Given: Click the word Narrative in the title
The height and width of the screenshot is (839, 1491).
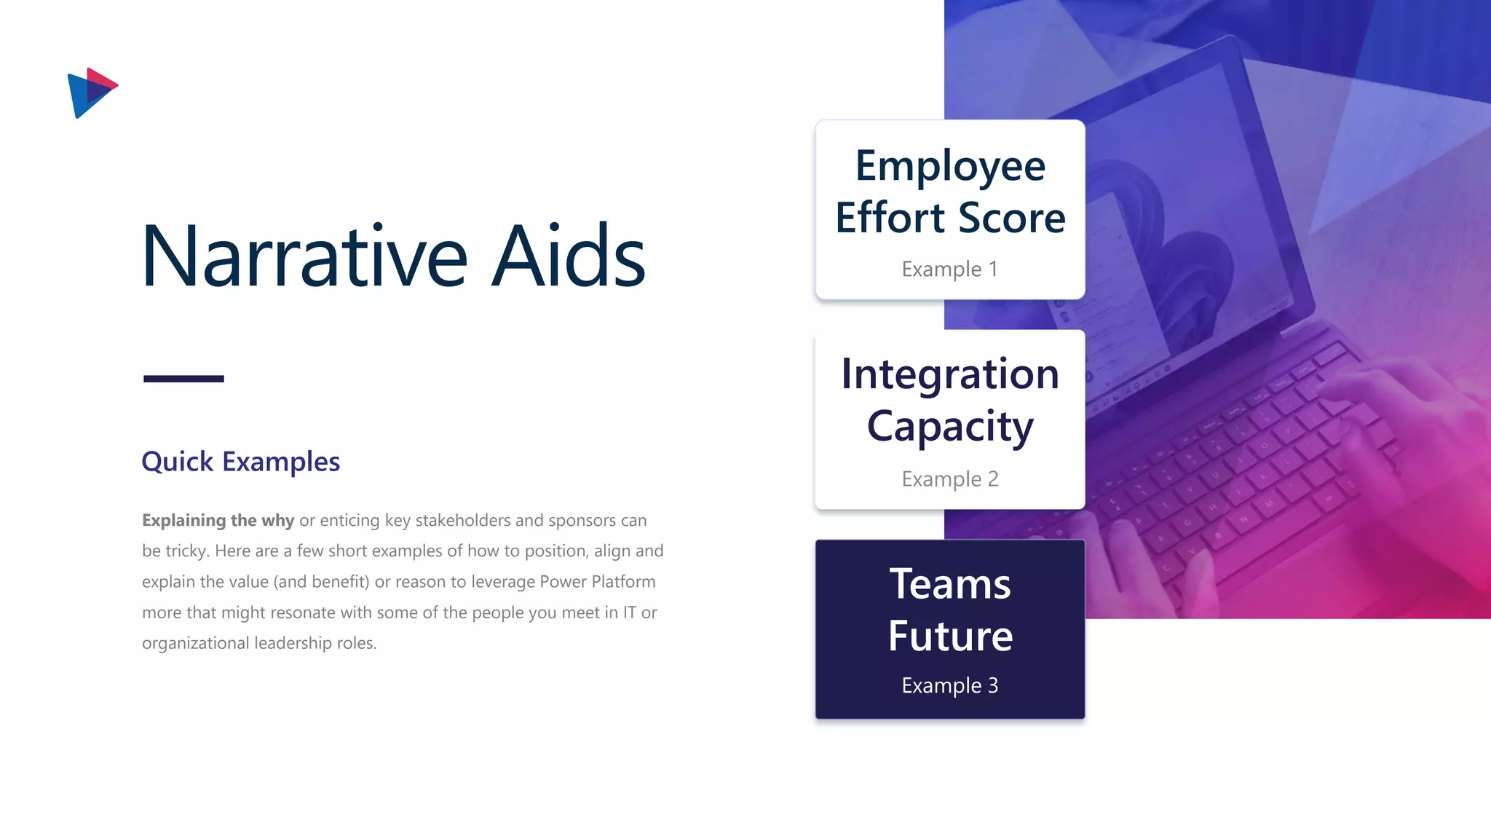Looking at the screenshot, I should click(x=304, y=256).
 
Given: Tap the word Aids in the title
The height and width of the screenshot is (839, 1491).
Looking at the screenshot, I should click(x=568, y=256).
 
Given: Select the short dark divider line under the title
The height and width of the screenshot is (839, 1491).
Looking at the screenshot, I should click(x=183, y=379).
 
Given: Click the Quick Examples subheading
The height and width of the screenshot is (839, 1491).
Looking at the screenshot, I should click(x=240, y=462).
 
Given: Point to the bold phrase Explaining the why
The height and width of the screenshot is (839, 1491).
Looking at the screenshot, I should click(x=218, y=520).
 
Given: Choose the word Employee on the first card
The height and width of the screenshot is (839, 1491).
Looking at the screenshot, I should click(x=949, y=166).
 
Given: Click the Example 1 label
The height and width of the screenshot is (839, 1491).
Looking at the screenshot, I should click(x=949, y=269).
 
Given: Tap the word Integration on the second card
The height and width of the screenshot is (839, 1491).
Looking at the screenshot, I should click(x=949, y=374).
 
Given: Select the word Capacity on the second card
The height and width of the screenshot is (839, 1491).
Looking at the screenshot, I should click(x=949, y=426).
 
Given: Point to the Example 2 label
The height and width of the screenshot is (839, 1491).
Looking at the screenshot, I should click(x=949, y=478).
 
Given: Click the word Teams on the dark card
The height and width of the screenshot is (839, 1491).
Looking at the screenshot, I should click(x=949, y=584).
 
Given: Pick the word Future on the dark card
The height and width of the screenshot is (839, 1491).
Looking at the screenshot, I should click(x=949, y=636).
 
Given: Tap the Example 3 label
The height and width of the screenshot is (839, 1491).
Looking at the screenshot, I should click(x=949, y=685).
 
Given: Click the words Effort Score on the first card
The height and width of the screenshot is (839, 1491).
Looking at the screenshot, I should click(x=949, y=218).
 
